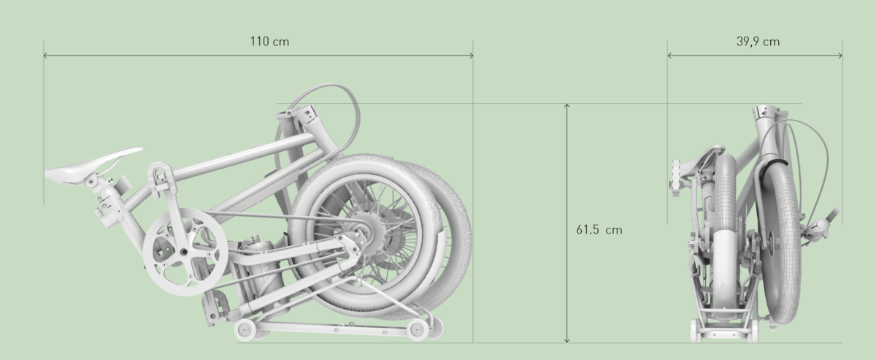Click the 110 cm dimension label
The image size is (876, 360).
click(x=269, y=42)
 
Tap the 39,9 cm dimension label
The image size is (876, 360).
click(x=758, y=42)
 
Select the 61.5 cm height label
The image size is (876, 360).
click(x=599, y=229)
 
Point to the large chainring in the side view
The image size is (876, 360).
click(x=185, y=252)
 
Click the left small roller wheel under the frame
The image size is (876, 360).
click(x=245, y=330)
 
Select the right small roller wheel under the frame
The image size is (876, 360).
click(x=418, y=329)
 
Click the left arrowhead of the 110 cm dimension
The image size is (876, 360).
click(x=45, y=55)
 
